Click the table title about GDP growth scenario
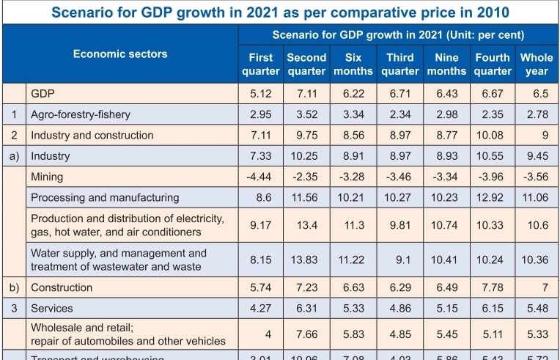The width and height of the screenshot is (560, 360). tap(279, 12)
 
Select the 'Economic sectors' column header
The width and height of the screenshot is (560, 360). tap(120, 54)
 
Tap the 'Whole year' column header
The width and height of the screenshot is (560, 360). tap(537, 64)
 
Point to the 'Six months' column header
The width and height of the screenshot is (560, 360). tap(353, 64)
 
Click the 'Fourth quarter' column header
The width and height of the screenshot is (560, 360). tap(493, 64)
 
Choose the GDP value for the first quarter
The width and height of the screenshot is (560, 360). tap(261, 94)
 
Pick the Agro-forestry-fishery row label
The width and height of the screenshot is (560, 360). tap(82, 114)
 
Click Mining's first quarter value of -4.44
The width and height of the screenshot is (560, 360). tap(261, 177)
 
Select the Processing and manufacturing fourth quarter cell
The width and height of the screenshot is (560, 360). tap(493, 197)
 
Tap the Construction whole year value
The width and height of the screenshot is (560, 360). tap(537, 287)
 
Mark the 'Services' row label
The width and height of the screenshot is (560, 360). tap(51, 308)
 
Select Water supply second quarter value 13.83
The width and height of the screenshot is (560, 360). tap(306, 259)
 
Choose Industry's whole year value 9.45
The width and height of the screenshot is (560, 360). tap(537, 156)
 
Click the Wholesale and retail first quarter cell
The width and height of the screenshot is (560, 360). tap(261, 334)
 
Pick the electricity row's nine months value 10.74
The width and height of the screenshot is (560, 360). tap(447, 225)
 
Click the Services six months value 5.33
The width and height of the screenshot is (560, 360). tap(353, 308)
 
